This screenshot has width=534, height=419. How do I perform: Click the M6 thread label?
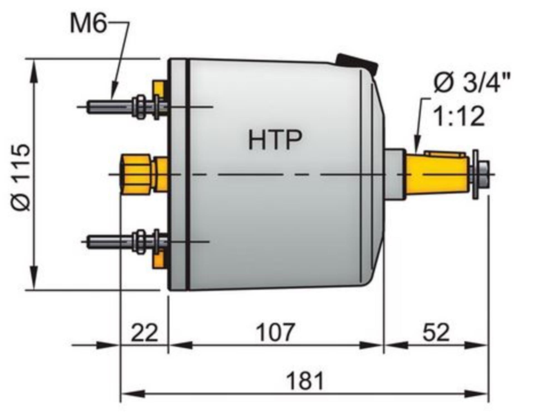(x=88, y=24)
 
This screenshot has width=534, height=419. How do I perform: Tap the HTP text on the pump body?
(x=275, y=140)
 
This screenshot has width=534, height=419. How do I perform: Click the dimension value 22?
(x=144, y=333)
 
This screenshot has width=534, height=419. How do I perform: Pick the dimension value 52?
(x=436, y=333)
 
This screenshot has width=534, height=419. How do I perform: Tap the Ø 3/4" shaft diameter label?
(x=472, y=82)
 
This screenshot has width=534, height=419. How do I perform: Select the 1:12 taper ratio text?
(x=459, y=117)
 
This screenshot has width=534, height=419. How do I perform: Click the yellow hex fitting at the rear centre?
(x=136, y=174)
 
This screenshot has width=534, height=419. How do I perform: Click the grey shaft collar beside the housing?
(x=394, y=175)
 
